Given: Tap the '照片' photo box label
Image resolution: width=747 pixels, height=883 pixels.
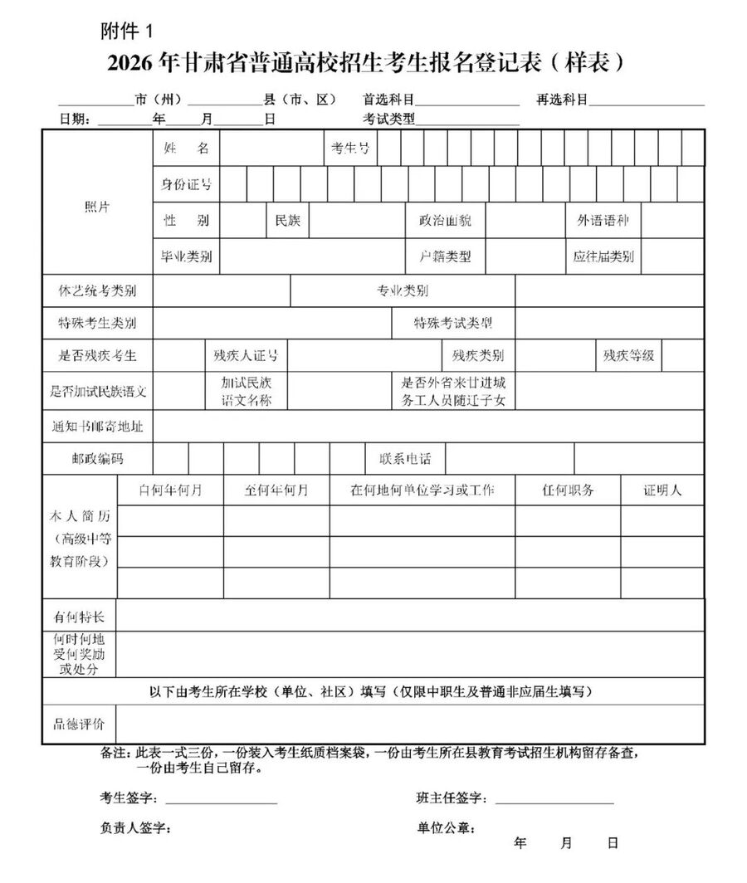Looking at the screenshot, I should [x=97, y=207].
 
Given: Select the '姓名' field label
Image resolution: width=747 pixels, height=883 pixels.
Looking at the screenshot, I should [x=186, y=149].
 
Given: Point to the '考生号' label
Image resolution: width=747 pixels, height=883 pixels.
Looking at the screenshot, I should [x=350, y=149].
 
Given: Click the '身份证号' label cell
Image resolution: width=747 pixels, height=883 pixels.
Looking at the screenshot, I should [x=186, y=184].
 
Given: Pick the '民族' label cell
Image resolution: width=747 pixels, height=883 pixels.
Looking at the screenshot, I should [x=288, y=221].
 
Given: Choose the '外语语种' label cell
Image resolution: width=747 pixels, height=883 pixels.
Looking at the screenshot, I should [x=603, y=221].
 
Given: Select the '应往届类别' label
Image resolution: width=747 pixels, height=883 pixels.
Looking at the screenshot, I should [x=603, y=256].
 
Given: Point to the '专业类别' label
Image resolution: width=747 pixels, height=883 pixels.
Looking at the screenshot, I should [x=403, y=291].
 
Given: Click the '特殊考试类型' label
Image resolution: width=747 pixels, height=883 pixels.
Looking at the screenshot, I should [x=453, y=323].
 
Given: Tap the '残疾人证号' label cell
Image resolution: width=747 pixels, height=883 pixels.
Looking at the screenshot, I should [x=246, y=356].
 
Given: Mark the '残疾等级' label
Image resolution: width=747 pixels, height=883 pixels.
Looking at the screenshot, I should [x=628, y=356].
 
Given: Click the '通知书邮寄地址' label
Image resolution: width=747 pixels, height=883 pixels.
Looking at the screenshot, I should [x=97, y=427].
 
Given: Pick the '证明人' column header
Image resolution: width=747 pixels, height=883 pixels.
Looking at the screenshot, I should [x=662, y=490].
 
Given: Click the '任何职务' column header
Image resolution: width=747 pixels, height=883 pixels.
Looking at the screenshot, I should [x=568, y=490].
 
